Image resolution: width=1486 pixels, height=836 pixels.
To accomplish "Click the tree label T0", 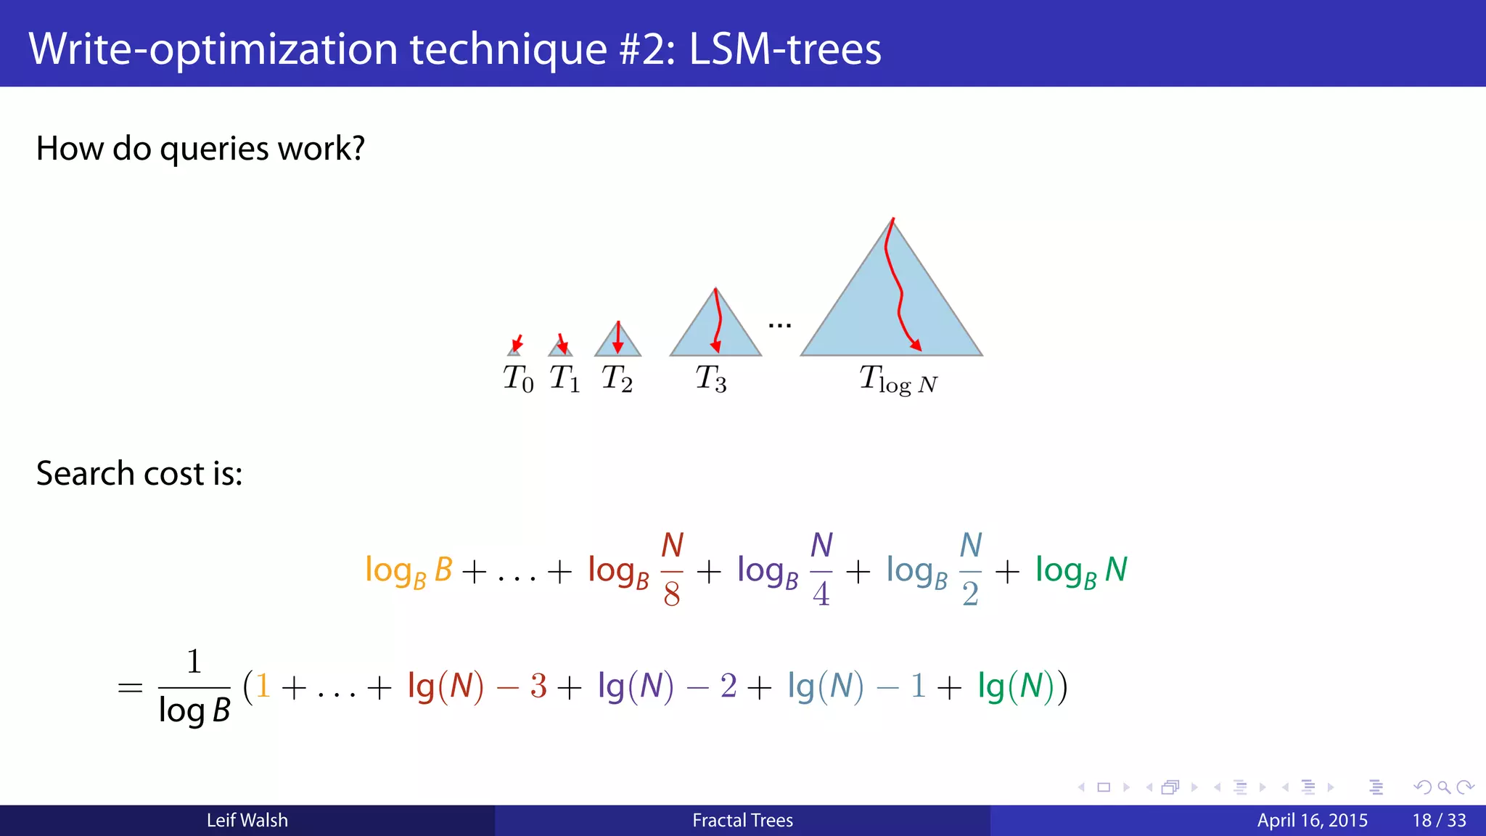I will tap(518, 379).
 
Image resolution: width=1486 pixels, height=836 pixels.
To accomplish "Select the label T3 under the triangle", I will tap(710, 379).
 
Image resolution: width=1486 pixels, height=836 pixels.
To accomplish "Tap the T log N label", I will tap(898, 380).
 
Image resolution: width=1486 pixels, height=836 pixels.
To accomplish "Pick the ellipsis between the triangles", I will tap(779, 325).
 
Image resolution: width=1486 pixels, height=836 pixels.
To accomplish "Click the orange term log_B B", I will tap(409, 571).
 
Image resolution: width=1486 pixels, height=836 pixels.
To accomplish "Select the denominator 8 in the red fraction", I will tap(672, 594).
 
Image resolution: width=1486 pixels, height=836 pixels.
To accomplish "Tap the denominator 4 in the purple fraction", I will tap(821, 594).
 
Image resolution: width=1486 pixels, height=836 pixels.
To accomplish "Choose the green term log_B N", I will tap(1081, 571).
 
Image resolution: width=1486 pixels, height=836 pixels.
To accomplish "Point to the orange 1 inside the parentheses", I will tap(263, 686).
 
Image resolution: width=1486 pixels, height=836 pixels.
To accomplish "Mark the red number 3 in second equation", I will tap(538, 686).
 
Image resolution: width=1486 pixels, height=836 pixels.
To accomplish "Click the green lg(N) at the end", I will tap(1016, 686).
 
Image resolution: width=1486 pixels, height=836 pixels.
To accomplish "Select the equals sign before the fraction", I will tap(130, 687).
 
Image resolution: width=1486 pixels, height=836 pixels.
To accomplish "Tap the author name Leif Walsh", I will tap(247, 820).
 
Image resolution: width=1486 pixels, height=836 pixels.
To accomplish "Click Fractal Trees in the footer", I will tap(742, 820).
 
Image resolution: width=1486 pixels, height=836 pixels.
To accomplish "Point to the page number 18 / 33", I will tap(1439, 820).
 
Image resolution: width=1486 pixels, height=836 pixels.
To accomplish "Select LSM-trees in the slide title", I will tap(784, 49).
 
